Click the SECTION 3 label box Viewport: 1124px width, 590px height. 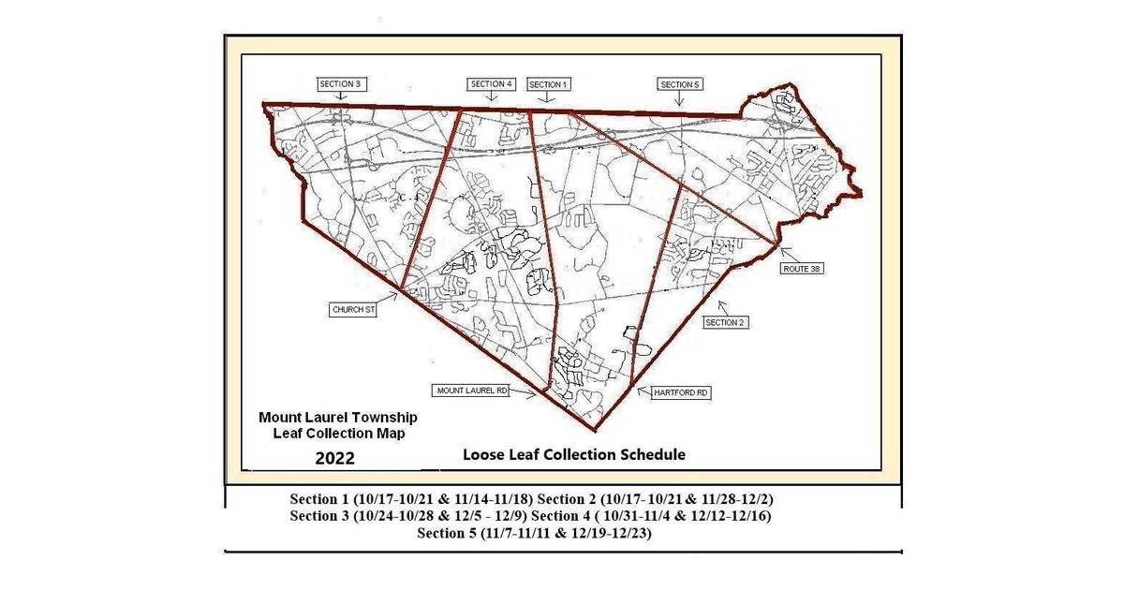tap(340, 83)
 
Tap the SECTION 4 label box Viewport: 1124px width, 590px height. tap(493, 83)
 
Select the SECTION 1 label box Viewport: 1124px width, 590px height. tap(549, 84)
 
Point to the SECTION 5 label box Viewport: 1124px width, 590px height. tap(680, 84)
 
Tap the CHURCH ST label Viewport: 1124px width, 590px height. tap(353, 308)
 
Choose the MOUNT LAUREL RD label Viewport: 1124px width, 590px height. tap(470, 390)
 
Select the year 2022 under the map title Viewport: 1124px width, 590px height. tap(334, 458)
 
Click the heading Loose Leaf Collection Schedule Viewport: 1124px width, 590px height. tap(574, 454)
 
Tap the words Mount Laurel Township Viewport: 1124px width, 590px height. tap(338, 417)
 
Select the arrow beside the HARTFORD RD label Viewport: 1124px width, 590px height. tap(643, 391)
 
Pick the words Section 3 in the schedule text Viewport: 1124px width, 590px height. tap(322, 516)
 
